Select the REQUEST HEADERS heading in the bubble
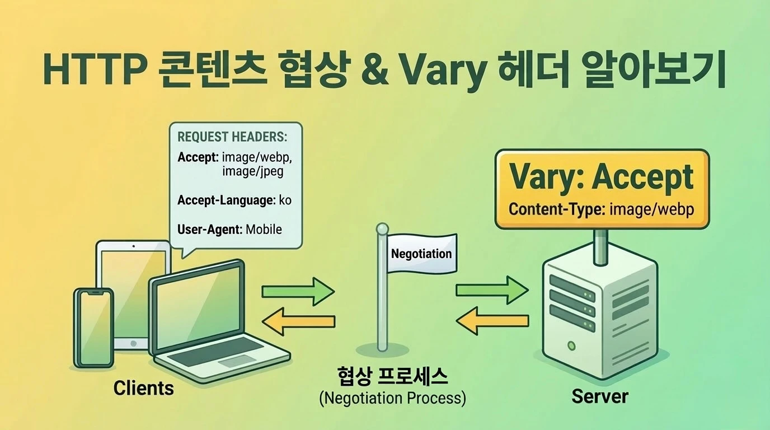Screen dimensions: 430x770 pos(232,137)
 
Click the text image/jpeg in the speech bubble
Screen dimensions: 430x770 pos(252,171)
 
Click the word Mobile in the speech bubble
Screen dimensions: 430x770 pos(264,229)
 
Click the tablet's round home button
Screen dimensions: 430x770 pos(133,343)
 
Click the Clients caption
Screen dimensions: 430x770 pos(143,388)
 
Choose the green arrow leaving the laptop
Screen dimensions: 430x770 pos(298,291)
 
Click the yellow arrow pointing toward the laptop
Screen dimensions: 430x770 pos(298,321)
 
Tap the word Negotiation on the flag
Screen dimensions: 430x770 pos(421,253)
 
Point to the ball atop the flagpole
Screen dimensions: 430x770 pos(382,229)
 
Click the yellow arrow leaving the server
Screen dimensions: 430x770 pos(492,321)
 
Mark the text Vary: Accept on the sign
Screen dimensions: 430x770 pos(602,178)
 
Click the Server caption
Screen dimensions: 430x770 pos(600,396)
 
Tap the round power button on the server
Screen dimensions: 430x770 pos(570,345)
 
